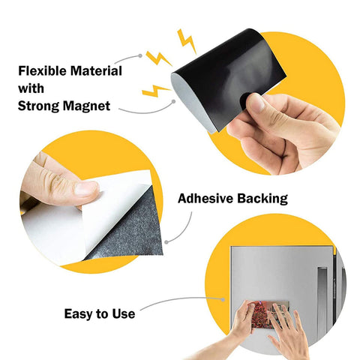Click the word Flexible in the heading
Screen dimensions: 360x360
(x=42, y=70)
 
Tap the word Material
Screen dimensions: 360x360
(x=96, y=70)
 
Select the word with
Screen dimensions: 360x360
(x=31, y=88)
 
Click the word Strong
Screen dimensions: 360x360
(x=38, y=106)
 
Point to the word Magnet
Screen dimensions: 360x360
(x=86, y=106)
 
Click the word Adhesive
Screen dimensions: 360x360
(x=205, y=199)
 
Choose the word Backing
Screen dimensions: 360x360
(x=262, y=199)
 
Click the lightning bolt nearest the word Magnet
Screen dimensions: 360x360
(x=155, y=91)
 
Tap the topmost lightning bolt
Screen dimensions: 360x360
(x=187, y=41)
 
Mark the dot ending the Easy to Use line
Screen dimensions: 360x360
(x=223, y=299)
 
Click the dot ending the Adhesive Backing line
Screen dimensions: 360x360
(x=166, y=242)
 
